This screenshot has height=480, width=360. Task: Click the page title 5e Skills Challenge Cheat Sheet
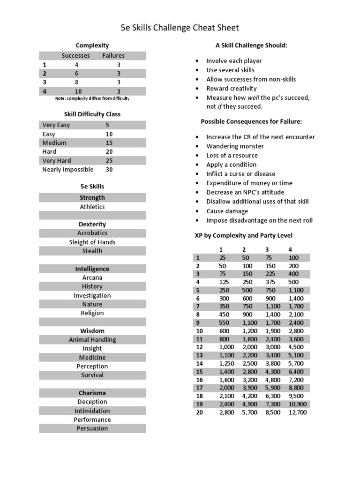(180, 28)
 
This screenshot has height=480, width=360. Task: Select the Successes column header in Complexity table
(75, 55)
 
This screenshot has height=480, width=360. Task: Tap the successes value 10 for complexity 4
(78, 91)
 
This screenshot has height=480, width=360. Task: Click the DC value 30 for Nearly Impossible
(109, 170)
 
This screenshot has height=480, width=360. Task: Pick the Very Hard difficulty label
(57, 161)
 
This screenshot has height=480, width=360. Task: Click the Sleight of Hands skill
(92, 242)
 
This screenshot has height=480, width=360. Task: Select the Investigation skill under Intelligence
(92, 295)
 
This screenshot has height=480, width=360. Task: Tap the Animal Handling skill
(92, 339)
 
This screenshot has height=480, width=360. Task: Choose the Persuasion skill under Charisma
(92, 428)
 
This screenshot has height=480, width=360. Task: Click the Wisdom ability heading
(92, 330)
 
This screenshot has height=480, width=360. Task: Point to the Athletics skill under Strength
(92, 207)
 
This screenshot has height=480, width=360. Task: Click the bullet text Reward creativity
(232, 89)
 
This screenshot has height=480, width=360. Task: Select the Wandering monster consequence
(235, 146)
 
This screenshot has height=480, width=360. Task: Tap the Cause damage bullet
(227, 211)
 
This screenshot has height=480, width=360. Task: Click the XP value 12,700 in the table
(298, 412)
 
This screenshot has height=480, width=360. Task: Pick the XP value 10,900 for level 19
(298, 404)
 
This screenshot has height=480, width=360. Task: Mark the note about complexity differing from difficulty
(92, 98)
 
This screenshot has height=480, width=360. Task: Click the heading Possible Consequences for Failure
(251, 121)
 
